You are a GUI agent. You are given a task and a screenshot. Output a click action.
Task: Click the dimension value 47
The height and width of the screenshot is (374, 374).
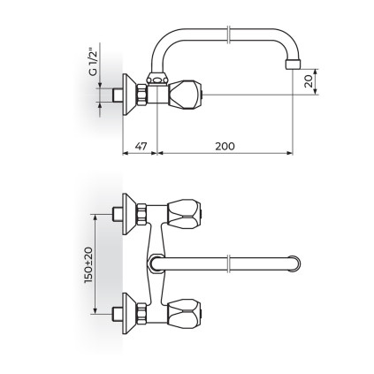click(x=141, y=146)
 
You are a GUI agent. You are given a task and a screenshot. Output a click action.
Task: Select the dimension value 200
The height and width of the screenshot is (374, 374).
click(x=225, y=146)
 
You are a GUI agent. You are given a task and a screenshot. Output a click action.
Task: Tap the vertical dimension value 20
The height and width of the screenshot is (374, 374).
click(x=309, y=81)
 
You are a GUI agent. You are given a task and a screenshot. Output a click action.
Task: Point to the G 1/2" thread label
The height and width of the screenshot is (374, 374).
click(x=93, y=64)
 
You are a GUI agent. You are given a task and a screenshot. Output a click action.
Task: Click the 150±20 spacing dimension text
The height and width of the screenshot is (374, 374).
click(x=88, y=265)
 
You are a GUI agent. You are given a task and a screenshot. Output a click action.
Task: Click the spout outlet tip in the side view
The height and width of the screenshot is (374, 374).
click(x=293, y=65)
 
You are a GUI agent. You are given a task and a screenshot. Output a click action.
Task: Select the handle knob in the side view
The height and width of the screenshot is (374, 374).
click(x=186, y=95)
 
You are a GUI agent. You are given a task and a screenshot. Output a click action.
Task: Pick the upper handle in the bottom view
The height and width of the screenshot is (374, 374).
click(x=185, y=215)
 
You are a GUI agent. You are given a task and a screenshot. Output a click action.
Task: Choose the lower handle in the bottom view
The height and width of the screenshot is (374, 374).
click(x=185, y=314)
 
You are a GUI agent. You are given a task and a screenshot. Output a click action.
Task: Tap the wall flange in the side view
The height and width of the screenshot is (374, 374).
click(x=129, y=95)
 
